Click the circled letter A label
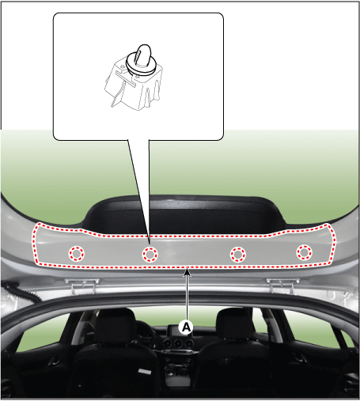coord(186,327)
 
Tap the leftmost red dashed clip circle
coord(77,254)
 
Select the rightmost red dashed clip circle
coord(304,252)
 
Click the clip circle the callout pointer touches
coord(150,255)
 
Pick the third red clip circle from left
coord(238,255)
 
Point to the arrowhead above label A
coord(187,271)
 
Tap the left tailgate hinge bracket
coord(82,286)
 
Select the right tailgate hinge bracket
coord(282,285)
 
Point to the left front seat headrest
coord(115,323)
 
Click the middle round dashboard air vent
coord(178,343)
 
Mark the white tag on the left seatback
coord(145,371)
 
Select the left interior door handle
coord(55,361)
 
